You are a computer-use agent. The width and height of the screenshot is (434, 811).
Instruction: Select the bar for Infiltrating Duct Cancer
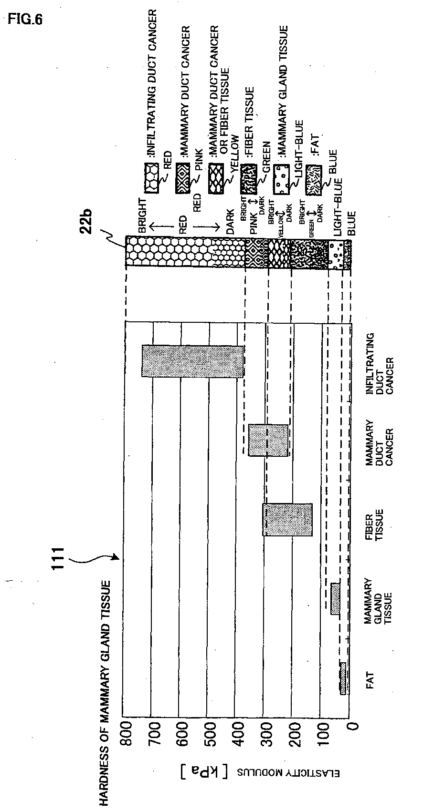193,361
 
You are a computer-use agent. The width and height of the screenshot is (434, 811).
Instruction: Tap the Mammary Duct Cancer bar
268,440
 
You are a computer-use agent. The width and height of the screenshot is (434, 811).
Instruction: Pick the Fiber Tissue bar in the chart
287,519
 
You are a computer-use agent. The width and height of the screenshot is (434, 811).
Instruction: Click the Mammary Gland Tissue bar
335,598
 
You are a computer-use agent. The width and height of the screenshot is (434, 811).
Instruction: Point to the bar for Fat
343,678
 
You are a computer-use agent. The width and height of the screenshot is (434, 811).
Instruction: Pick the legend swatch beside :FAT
312,179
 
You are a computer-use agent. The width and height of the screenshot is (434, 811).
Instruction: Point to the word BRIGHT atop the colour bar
143,216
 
